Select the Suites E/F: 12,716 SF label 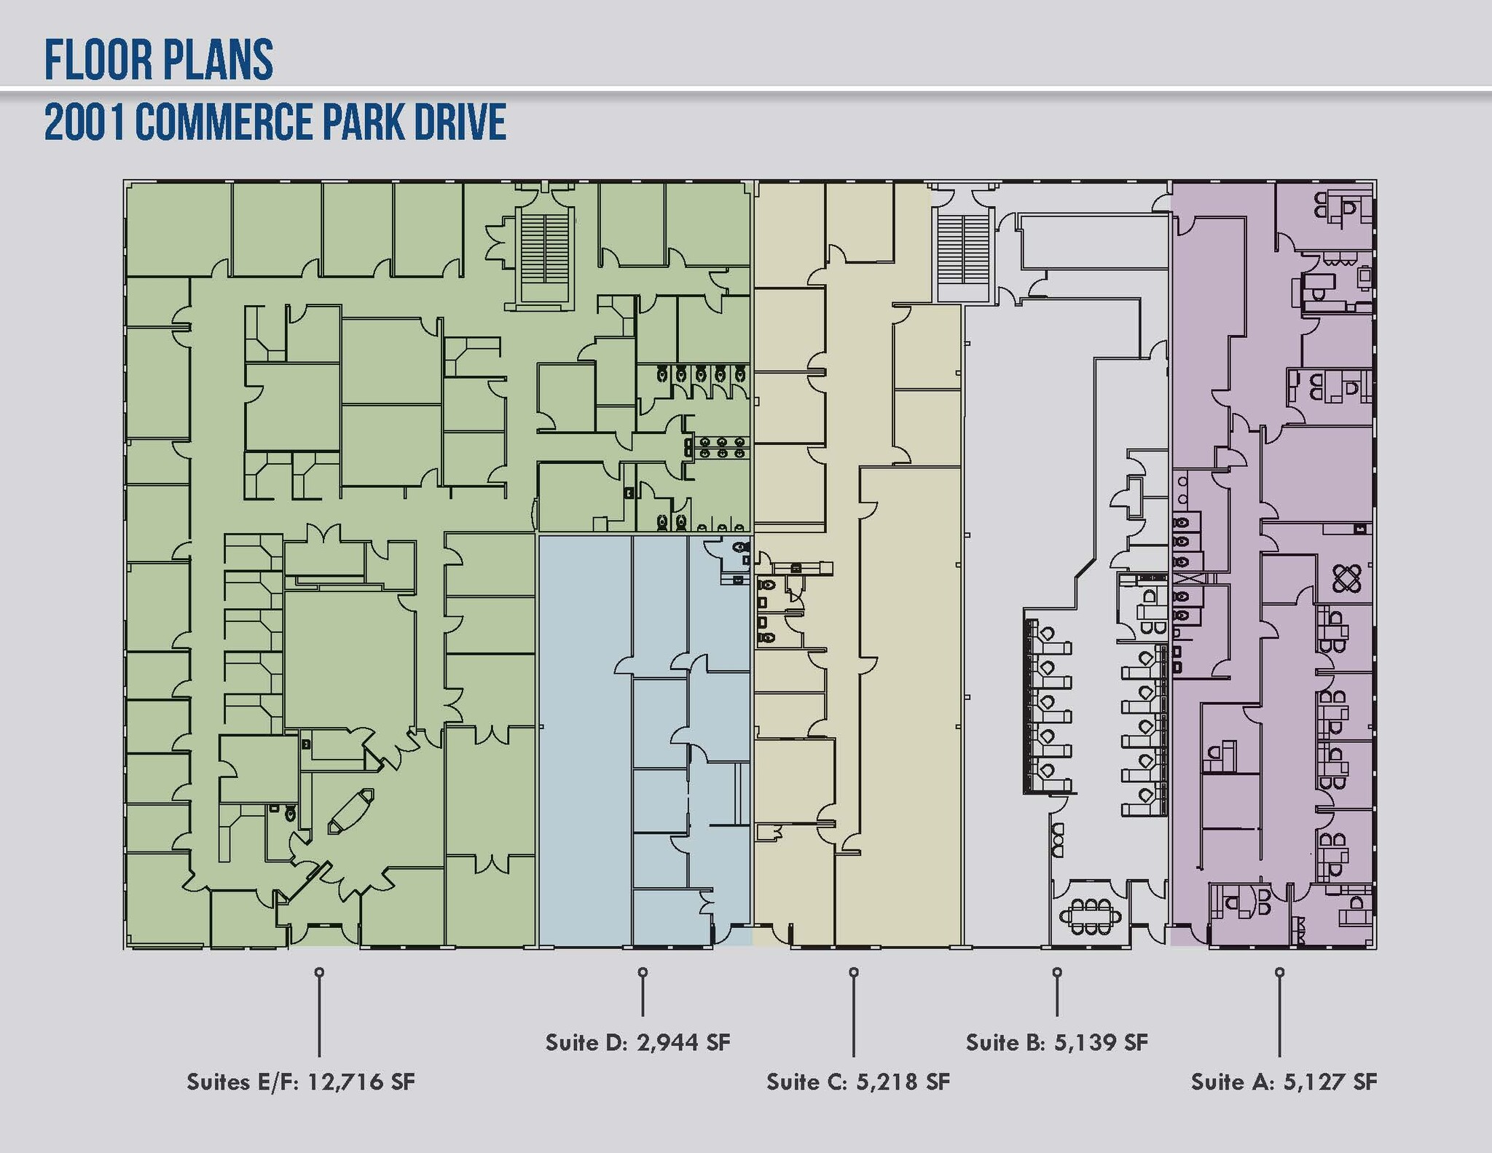[301, 1082]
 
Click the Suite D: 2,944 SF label [637, 1042]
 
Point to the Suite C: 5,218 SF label [858, 1082]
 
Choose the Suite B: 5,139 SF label [1056, 1042]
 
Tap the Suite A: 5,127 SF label [1284, 1082]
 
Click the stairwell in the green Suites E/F [545, 248]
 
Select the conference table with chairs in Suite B [1090, 917]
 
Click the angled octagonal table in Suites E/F [350, 811]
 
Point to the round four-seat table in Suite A [1347, 579]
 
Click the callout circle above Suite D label [642, 972]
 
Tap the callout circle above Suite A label [1279, 972]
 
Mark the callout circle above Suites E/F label [318, 972]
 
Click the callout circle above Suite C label [854, 972]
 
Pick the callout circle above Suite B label [1057, 972]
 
